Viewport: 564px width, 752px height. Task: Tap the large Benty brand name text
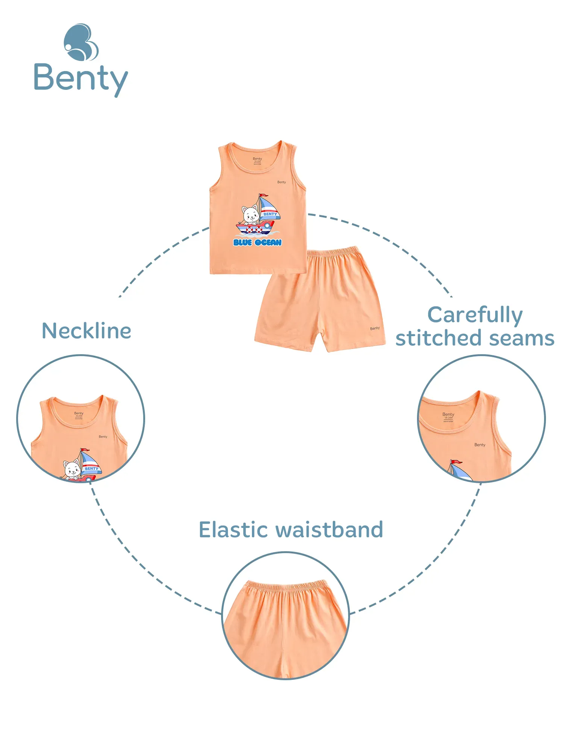point(81,79)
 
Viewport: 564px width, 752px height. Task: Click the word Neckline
point(86,331)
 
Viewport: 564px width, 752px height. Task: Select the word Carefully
point(475,315)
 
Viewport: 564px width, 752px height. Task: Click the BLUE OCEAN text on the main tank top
point(258,243)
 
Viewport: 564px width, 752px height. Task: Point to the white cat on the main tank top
point(251,215)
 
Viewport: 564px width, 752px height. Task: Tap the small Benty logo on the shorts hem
point(375,328)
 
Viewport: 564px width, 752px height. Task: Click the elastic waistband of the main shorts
point(333,251)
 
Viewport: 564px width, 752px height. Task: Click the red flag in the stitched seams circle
point(456,462)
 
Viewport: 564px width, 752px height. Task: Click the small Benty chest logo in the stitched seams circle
point(480,445)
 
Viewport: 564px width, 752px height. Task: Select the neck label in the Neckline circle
point(79,415)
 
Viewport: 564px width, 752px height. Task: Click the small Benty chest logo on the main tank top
point(282,182)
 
